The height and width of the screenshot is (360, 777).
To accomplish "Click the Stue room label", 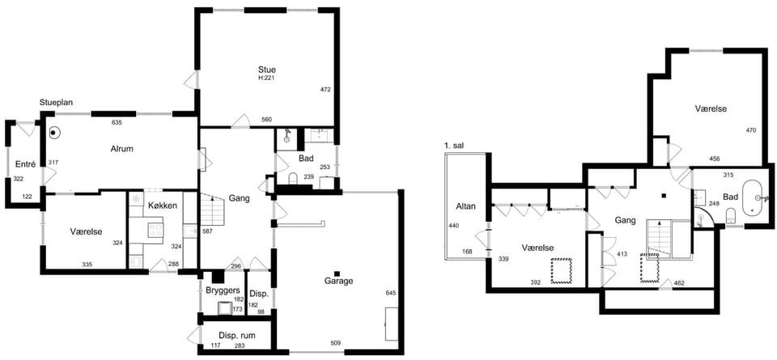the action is click(266, 70).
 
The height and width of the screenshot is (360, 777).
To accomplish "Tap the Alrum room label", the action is click(122, 148).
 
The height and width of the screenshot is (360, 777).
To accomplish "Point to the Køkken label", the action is click(163, 205).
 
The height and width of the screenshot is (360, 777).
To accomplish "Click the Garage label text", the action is click(338, 282).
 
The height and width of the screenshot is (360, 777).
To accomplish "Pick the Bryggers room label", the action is click(223, 290).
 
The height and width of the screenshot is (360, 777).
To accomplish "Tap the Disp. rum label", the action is click(237, 335).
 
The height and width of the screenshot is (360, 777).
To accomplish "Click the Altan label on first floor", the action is click(466, 206).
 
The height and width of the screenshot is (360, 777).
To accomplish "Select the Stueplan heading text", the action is click(57, 103).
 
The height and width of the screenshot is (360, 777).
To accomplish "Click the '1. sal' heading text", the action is click(455, 146).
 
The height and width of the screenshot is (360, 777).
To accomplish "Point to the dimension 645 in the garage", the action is click(392, 293).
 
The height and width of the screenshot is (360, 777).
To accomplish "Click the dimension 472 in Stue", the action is click(325, 90).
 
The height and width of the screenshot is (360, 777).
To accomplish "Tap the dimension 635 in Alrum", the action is click(117, 122).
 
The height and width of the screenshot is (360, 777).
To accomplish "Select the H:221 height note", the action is click(266, 78).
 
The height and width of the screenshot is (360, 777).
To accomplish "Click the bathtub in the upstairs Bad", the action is click(754, 197).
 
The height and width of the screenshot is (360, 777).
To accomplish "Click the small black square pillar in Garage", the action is click(337, 273).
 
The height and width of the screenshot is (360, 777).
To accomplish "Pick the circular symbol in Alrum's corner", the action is click(54, 133).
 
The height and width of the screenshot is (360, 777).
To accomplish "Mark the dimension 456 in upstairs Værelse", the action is click(714, 159).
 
